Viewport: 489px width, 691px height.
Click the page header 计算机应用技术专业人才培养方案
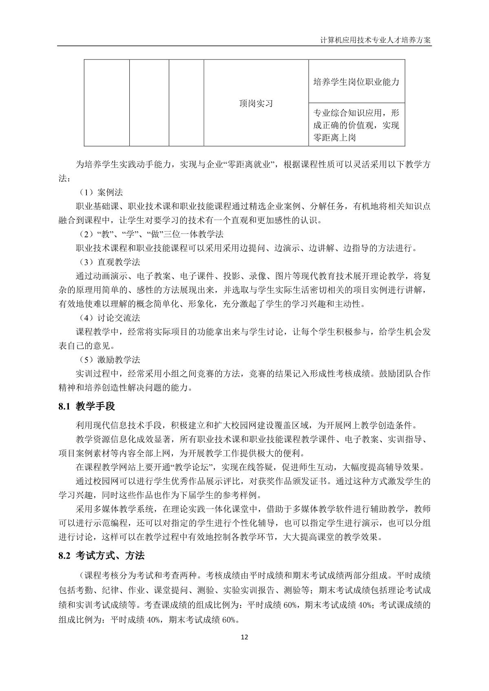click(376, 41)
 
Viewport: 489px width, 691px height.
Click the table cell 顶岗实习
click(256, 103)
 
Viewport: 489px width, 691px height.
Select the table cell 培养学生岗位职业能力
click(356, 82)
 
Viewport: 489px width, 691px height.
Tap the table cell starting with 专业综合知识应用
click(356, 125)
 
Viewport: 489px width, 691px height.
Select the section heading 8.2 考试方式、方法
click(102, 556)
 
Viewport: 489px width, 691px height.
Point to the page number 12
click(244, 637)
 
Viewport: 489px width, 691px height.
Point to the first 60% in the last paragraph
click(289, 605)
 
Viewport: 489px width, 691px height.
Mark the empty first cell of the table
click(107, 103)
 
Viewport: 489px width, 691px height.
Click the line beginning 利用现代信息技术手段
click(246, 426)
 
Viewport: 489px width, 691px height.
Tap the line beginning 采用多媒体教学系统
click(253, 509)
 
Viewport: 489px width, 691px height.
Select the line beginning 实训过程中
click(253, 373)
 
